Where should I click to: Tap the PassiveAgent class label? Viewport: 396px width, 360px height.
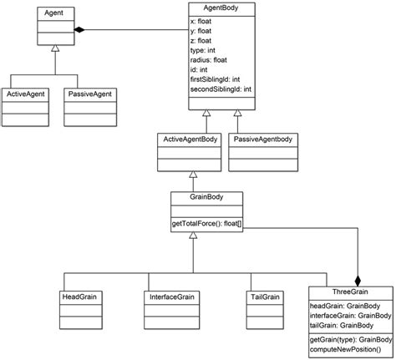coord(89,95)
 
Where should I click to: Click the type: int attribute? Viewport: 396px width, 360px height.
coord(204,50)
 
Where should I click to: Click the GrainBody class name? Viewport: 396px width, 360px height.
coord(194,199)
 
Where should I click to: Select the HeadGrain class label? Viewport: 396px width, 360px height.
coord(79,297)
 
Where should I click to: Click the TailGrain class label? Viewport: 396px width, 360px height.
coord(264,297)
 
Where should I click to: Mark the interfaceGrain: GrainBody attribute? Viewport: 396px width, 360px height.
coord(349,317)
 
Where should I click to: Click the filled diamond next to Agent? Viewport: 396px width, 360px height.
coord(79,30)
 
